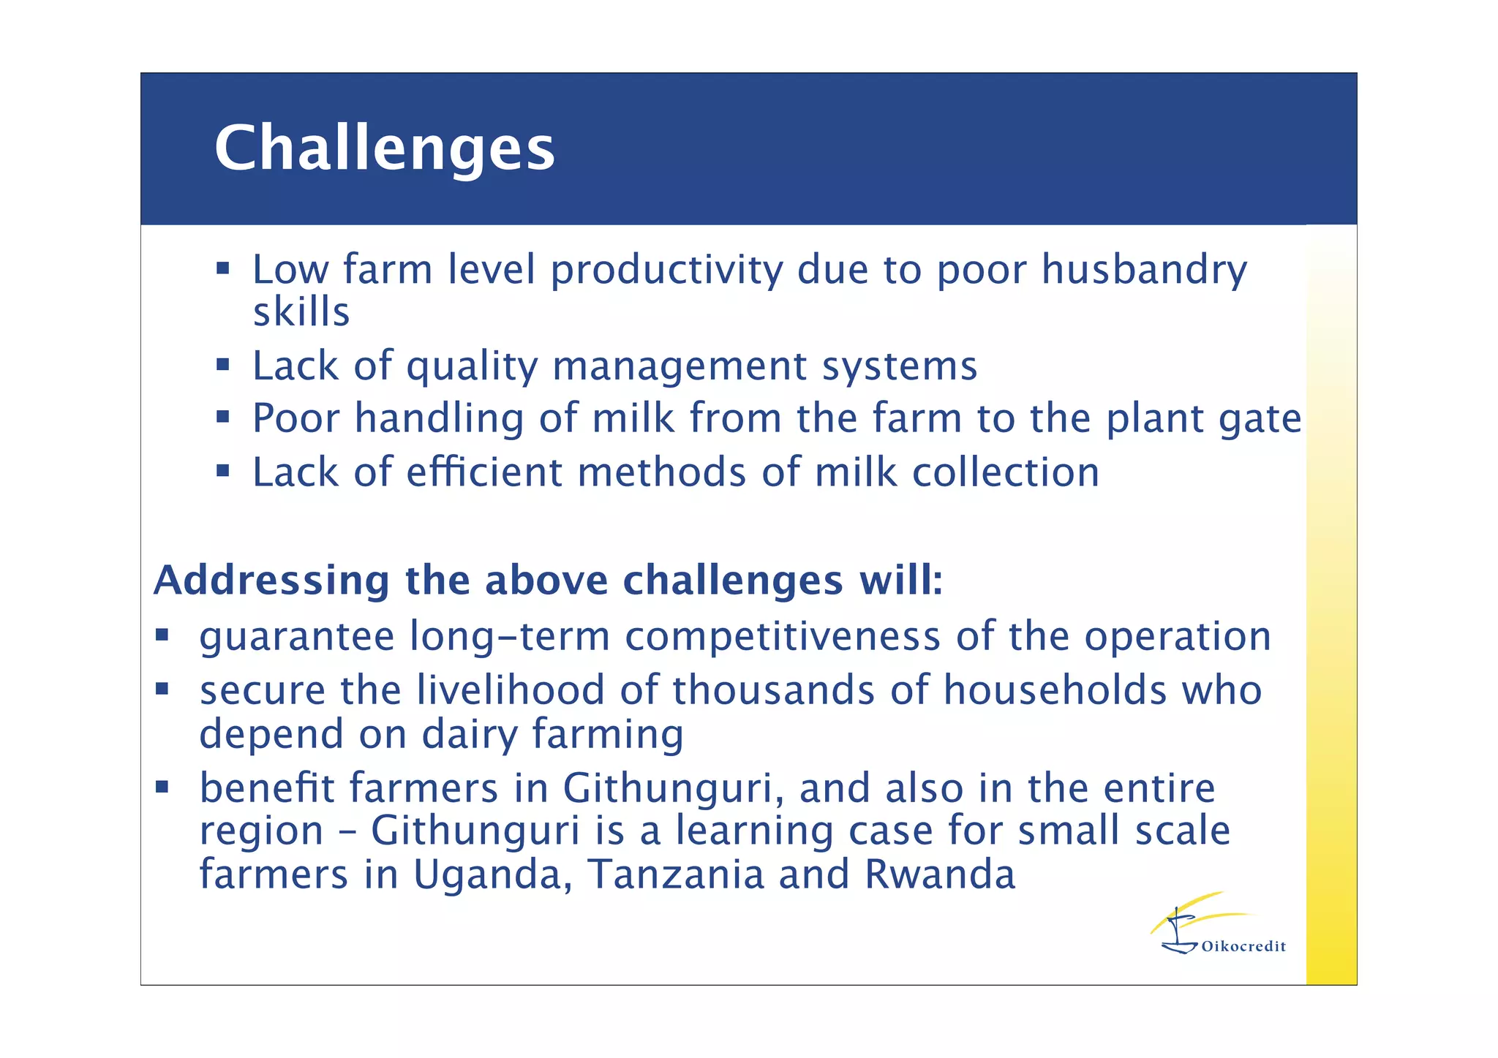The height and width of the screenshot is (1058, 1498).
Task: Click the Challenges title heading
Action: click(384, 148)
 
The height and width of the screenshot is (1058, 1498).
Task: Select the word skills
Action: click(301, 313)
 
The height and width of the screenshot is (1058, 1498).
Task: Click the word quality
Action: click(472, 366)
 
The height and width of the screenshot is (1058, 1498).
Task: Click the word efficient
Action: click(483, 472)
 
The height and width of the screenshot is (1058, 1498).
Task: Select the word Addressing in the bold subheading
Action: click(271, 581)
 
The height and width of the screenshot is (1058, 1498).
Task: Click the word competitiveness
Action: click(783, 636)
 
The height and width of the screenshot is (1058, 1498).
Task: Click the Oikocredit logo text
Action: click(1243, 947)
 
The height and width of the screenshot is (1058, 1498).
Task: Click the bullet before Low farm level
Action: click(223, 268)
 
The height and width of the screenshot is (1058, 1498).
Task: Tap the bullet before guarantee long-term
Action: click(162, 635)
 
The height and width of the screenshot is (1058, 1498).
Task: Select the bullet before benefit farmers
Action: click(162, 787)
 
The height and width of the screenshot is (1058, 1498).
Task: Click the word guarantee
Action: click(297, 638)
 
